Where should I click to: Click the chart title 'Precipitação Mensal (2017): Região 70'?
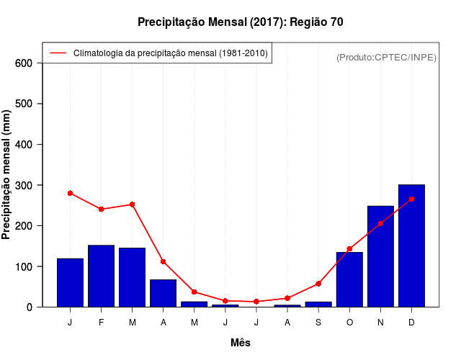coord(241,22)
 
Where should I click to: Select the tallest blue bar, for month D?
coord(411,246)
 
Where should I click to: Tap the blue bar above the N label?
coord(380,256)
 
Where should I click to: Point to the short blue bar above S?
coord(318,304)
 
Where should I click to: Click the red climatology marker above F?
coord(101,209)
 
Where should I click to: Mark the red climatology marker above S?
coord(318,284)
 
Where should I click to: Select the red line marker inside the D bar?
coord(411,199)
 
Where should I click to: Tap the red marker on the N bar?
coord(380,223)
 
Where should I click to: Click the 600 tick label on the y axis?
coord(24,63)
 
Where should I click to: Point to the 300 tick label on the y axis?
coord(24,185)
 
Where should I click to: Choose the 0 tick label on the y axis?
coord(30,307)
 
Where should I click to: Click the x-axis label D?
coord(411,323)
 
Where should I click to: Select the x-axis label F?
coord(101,323)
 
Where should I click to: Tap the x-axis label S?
coord(318,323)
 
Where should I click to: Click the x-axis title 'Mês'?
coord(241,343)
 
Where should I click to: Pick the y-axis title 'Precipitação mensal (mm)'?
coord(7,174)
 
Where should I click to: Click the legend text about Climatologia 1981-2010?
coord(170,53)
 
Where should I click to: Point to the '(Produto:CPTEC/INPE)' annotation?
coord(386,57)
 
